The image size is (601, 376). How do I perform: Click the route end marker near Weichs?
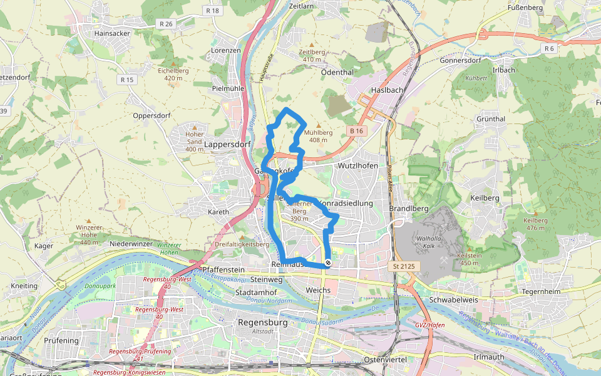pyautogui.click(x=327, y=264)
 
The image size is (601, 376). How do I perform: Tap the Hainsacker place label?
pyautogui.click(x=111, y=33)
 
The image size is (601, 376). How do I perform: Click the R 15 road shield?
pyautogui.click(x=126, y=80)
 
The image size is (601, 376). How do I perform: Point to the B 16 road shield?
pyautogui.click(x=356, y=130)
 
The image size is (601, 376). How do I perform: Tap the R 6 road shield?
pyautogui.click(x=549, y=48)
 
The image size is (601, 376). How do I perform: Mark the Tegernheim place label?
pyautogui.click(x=559, y=291)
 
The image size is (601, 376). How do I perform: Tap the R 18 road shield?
pyautogui.click(x=213, y=11)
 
